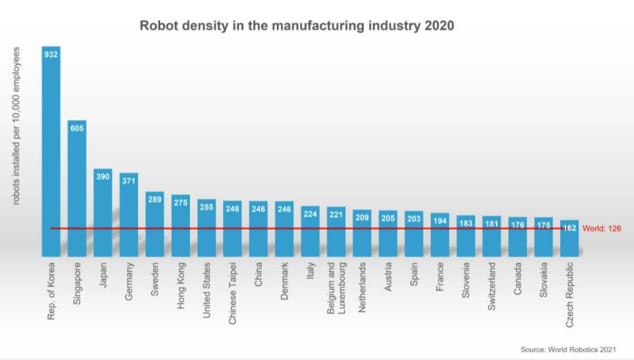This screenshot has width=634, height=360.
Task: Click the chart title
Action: coord(297,26)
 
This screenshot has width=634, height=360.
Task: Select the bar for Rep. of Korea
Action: coord(51,152)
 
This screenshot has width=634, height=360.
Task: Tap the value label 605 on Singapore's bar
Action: coord(77,128)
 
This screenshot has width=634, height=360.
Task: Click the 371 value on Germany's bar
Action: coord(128,180)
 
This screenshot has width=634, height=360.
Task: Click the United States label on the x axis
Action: coord(206,290)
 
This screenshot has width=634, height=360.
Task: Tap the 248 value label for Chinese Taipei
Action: coord(233,208)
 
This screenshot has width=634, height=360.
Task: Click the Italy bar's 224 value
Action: coord(310,214)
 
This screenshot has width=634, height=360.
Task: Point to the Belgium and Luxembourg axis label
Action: coord(336,287)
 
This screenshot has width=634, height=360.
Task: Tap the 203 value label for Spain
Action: coord(414,218)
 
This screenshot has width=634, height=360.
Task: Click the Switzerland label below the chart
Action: coord(492,285)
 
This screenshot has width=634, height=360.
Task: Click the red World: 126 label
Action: coord(602,228)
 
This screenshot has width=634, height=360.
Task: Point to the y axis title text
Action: coord(17,125)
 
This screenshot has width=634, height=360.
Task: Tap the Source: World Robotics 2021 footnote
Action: coord(568,349)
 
